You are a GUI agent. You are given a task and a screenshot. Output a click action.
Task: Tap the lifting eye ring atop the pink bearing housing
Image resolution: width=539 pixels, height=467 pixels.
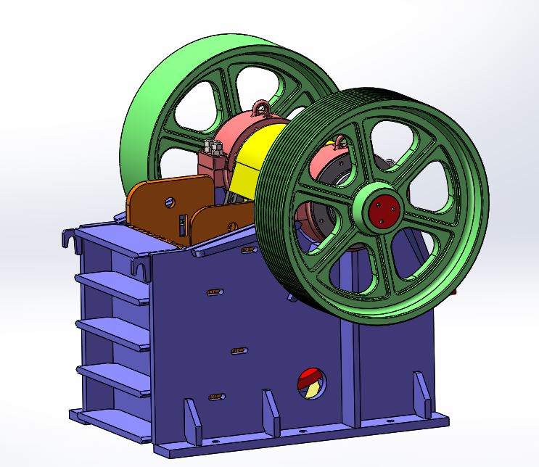(x=259, y=110)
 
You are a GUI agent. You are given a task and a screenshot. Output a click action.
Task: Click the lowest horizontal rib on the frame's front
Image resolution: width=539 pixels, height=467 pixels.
(x=109, y=377)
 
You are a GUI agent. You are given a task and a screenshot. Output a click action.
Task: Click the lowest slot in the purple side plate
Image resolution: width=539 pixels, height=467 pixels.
(x=215, y=397)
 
